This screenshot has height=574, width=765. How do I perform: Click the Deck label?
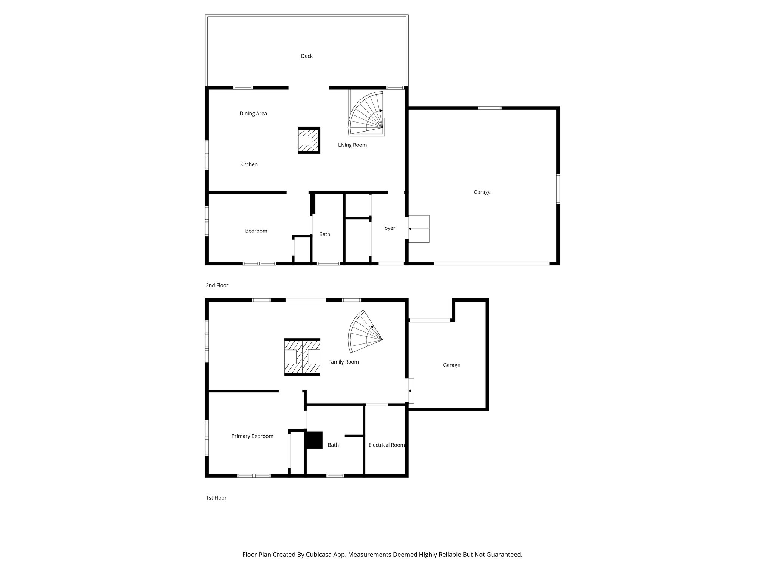[x=307, y=56]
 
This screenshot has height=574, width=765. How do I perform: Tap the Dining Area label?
[x=253, y=114]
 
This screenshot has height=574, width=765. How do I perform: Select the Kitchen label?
[x=249, y=164]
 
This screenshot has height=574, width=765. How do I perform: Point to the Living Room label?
[x=352, y=145]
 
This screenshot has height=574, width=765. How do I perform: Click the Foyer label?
[x=388, y=228]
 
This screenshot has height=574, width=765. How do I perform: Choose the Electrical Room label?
[x=386, y=445]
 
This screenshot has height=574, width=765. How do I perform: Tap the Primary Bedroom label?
[x=252, y=436]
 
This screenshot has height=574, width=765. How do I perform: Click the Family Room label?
[x=343, y=362]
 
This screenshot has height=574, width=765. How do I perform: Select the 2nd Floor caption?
[x=217, y=286]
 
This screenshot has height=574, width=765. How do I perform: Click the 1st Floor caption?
[x=216, y=498]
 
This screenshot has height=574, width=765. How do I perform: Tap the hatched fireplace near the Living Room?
[x=309, y=140]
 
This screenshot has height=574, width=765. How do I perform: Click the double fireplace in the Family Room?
[x=302, y=357]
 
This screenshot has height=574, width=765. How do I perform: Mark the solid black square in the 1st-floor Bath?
[x=314, y=440]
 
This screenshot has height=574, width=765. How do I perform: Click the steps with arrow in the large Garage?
[x=419, y=229]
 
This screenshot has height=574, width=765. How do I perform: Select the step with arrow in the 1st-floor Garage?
[x=411, y=391]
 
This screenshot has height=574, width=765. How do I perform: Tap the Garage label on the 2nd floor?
[x=482, y=192]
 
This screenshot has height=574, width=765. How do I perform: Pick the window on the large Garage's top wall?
[x=490, y=108]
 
